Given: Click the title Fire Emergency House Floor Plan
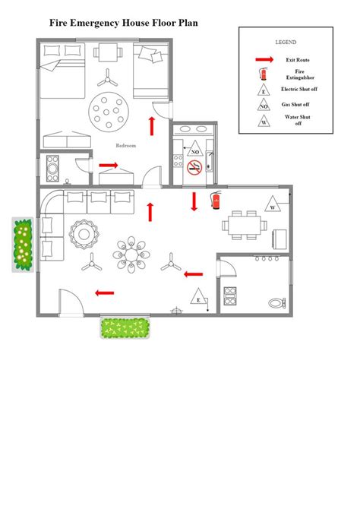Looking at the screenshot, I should pyautogui.click(x=124, y=24).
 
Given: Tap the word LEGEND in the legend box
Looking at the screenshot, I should pyautogui.click(x=286, y=43).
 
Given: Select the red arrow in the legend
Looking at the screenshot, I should pyautogui.click(x=264, y=59).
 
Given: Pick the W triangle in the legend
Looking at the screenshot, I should pyautogui.click(x=264, y=120).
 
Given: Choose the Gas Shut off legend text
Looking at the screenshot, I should pyautogui.click(x=296, y=104).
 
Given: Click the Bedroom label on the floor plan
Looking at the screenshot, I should pyautogui.click(x=125, y=145).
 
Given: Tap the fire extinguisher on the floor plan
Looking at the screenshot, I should pyautogui.click(x=216, y=200).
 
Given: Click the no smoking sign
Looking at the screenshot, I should pyautogui.click(x=194, y=167).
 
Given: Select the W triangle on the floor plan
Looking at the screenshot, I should pyautogui.click(x=271, y=203).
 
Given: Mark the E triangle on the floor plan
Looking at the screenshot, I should pyautogui.click(x=199, y=298).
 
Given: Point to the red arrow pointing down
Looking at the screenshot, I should pyautogui.click(x=194, y=201).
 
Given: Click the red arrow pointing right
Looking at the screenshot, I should pyautogui.click(x=109, y=163).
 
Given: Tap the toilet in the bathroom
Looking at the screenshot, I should pyautogui.click(x=275, y=302).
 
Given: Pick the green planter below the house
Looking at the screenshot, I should pyautogui.click(x=125, y=328).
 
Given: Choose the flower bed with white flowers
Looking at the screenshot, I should pyautogui.click(x=23, y=245).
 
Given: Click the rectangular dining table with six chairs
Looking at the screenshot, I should pyautogui.click(x=245, y=223).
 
